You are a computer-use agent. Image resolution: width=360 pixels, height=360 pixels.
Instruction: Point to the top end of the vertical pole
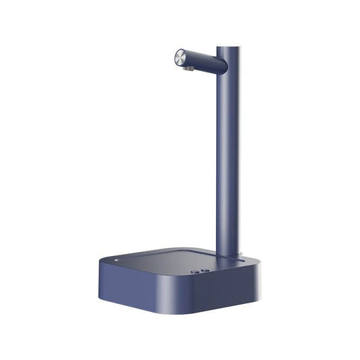(228, 47)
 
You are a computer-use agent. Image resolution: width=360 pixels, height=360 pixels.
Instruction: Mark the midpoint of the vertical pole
(228, 152)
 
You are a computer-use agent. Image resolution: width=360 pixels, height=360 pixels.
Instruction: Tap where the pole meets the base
(228, 256)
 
